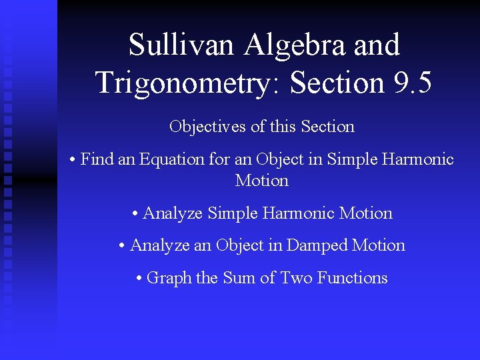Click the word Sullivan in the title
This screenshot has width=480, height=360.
click(x=182, y=45)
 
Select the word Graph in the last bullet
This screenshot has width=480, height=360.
click(x=169, y=278)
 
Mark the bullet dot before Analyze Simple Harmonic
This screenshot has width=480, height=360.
click(x=135, y=214)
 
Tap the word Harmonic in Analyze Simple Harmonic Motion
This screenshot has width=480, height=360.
click(x=299, y=213)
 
